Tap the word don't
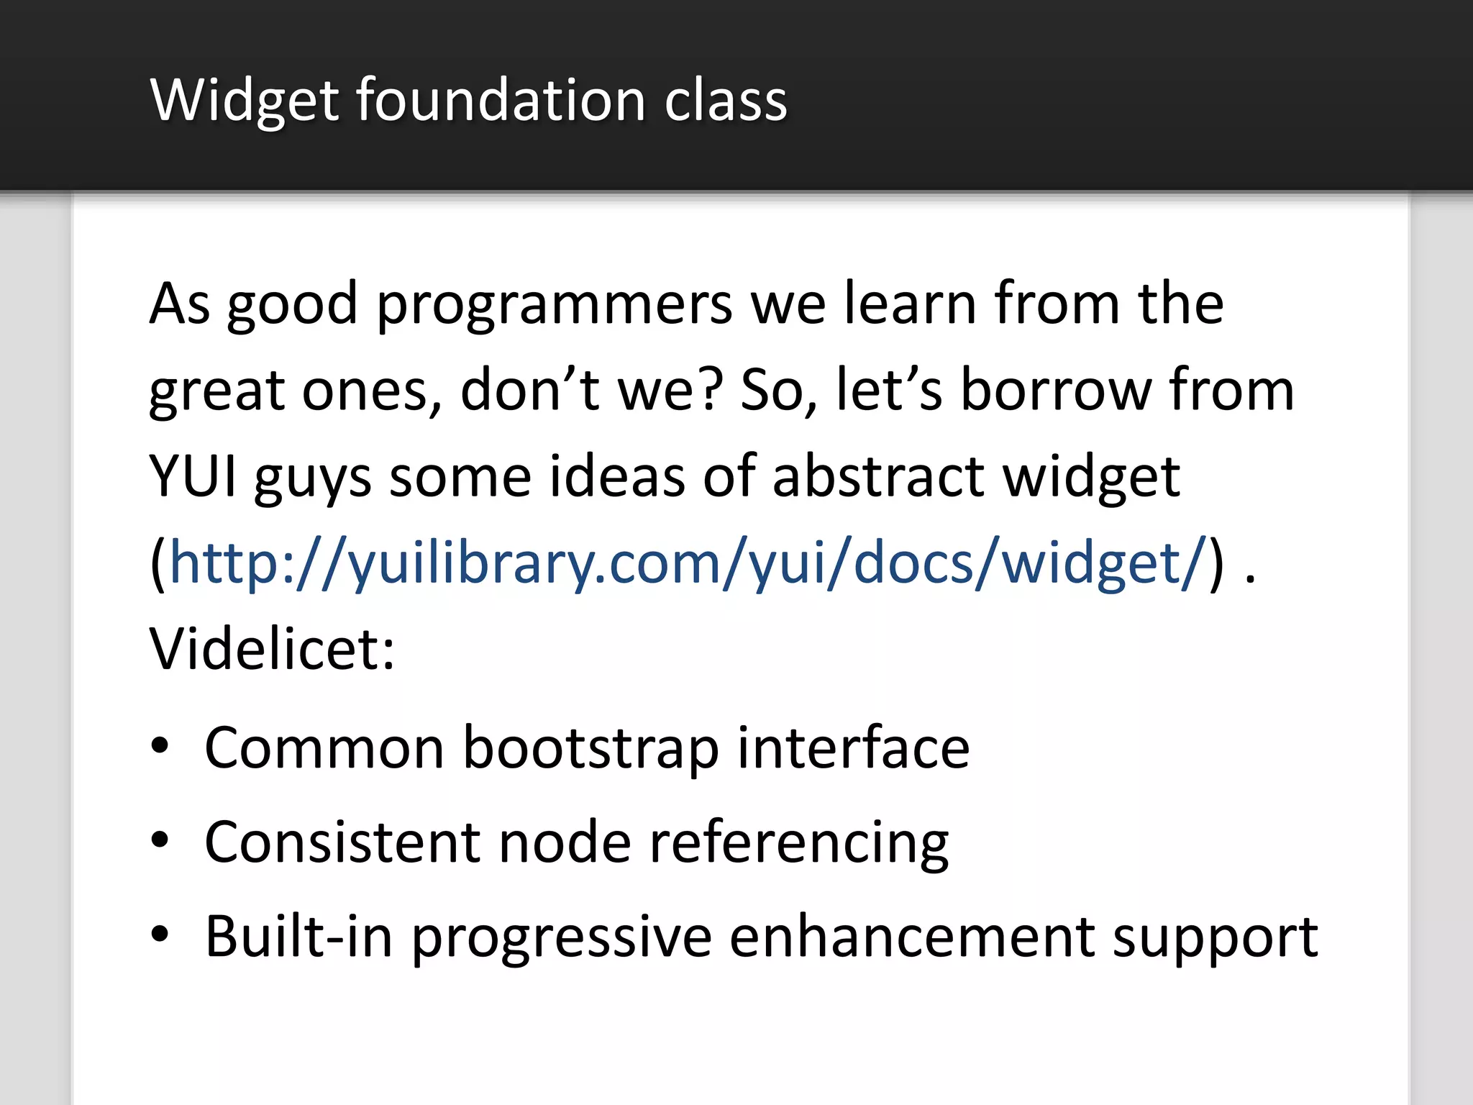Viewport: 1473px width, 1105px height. [530, 390]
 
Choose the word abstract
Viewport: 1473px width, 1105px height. [878, 476]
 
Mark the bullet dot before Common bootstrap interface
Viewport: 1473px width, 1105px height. [160, 746]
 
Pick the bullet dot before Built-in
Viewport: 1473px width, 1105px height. [160, 935]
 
